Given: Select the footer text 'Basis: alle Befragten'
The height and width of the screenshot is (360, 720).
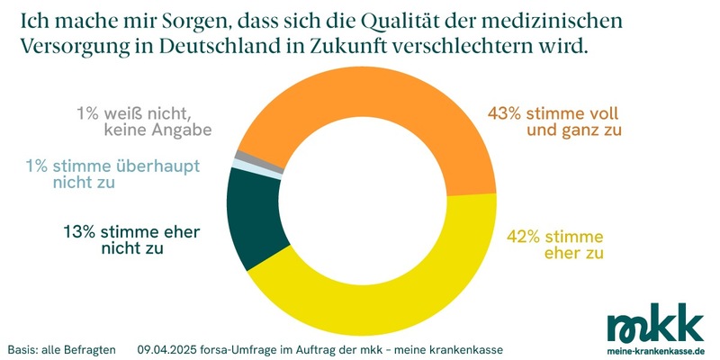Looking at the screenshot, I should [x=61, y=348].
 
